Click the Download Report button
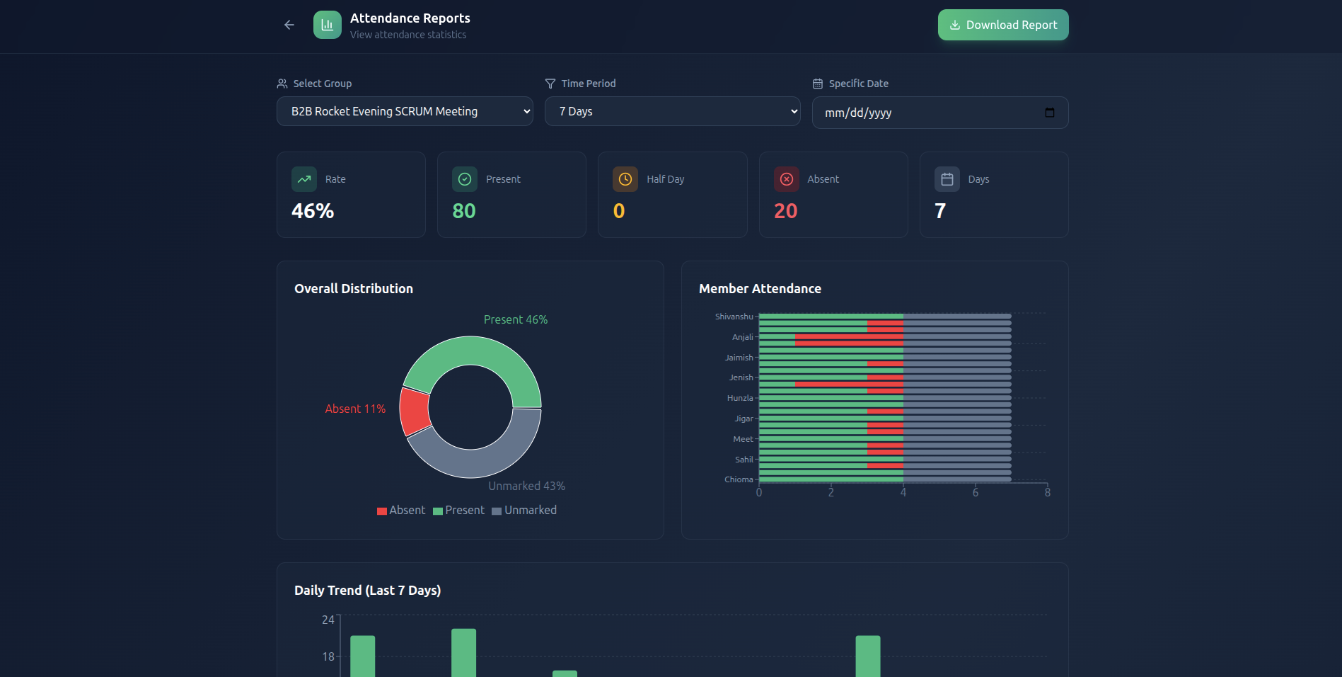[1002, 25]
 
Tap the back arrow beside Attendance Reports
[289, 25]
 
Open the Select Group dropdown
[404, 111]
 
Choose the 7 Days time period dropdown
[672, 111]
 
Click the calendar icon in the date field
[1049, 113]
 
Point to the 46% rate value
[313, 211]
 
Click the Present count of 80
[464, 211]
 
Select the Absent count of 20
[785, 211]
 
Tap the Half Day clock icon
[625, 179]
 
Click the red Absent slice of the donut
[414, 411]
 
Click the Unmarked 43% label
[526, 486]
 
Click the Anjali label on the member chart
[742, 337]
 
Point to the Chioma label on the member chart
[739, 479]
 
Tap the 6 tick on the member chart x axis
[976, 493]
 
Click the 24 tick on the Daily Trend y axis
[328, 620]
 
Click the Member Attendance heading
[760, 288]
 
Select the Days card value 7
[939, 211]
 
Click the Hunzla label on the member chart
[739, 398]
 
